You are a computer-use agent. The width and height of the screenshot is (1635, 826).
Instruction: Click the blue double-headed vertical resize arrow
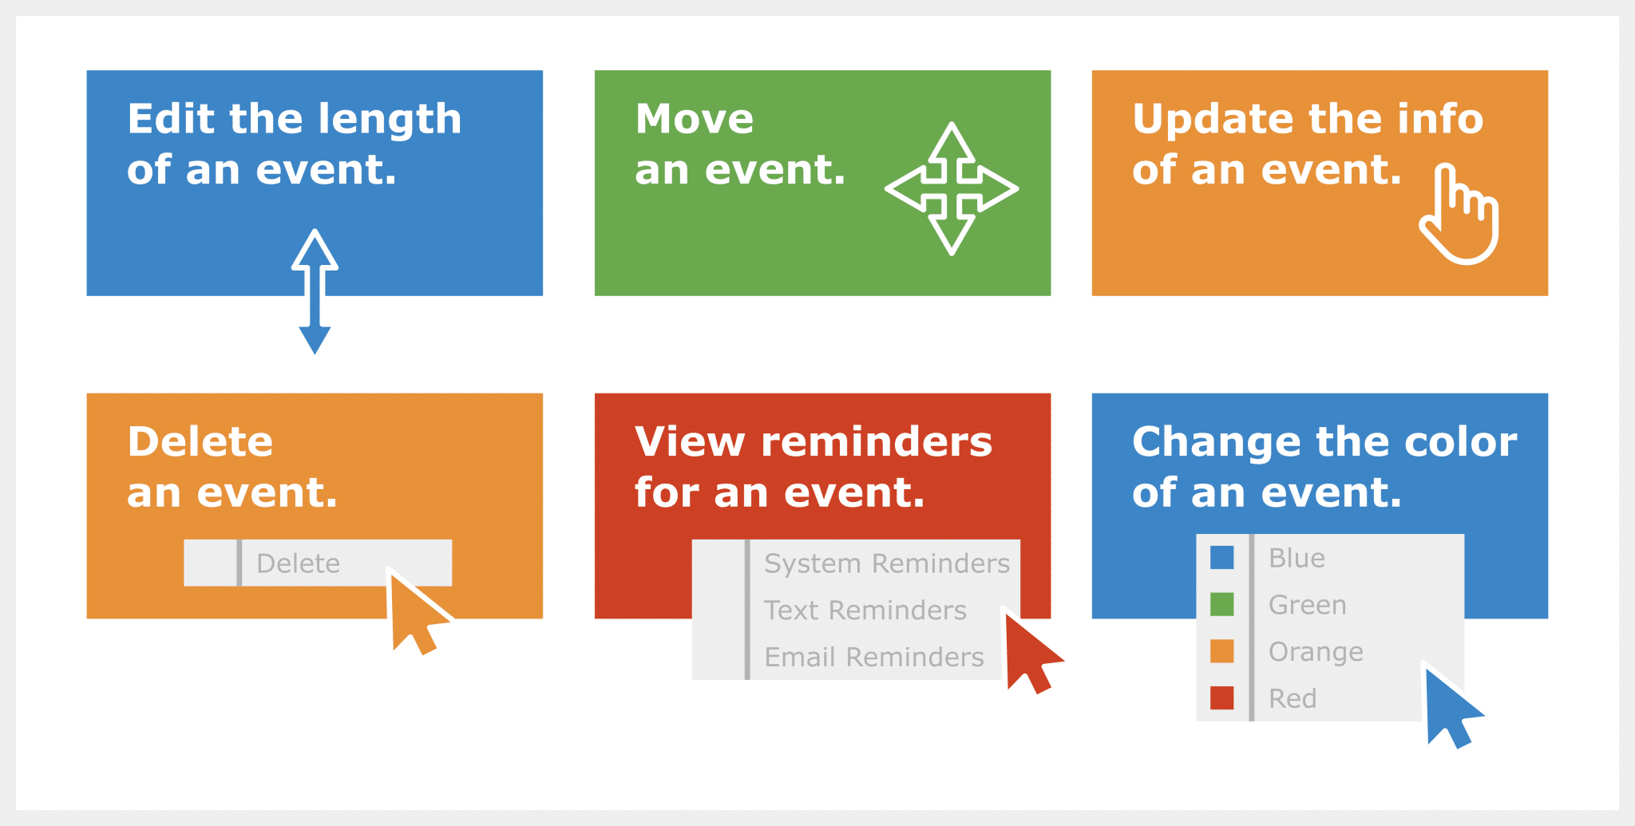pos(315,292)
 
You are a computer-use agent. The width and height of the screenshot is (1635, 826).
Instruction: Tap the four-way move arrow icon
pos(951,189)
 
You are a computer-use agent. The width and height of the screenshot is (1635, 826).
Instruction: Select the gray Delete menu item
pos(299,563)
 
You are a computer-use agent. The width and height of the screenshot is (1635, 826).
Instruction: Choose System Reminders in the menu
pos(886,563)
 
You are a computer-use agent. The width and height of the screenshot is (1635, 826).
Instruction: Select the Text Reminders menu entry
pos(865,611)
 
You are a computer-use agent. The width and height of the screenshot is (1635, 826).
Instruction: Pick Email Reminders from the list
pos(873,657)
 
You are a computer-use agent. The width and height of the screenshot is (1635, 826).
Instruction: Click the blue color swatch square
pos(1221,558)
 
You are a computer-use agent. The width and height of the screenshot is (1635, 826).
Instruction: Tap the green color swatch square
pos(1221,604)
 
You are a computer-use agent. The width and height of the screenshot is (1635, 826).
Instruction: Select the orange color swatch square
pos(1221,651)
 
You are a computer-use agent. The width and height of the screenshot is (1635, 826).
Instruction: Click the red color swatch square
pos(1221,698)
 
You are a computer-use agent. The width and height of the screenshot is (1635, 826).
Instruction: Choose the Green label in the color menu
pos(1307,605)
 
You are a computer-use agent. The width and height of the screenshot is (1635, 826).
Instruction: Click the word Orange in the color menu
pos(1315,652)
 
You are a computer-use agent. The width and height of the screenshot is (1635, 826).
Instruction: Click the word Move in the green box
pos(694,120)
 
